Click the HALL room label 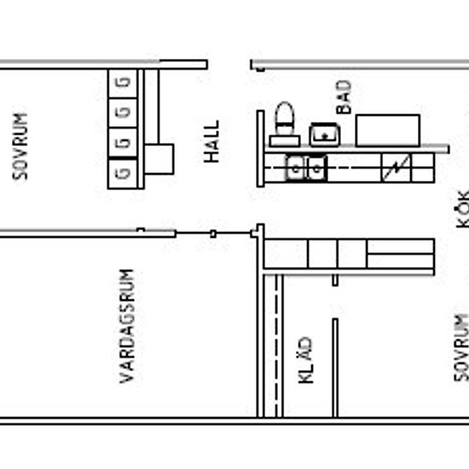point(211,142)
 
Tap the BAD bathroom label point(344,97)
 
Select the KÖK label point(462,209)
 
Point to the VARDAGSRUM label point(127,326)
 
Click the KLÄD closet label point(305,360)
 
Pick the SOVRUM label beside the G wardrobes point(20,147)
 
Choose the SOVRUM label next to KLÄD point(461,348)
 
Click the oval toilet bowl point(285,119)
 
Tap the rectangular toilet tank point(285,142)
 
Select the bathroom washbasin point(325,135)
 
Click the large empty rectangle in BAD point(388,130)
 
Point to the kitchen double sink point(306,168)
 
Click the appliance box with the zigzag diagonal point(397,168)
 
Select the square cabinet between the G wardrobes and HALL point(159,159)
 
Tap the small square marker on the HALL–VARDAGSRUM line point(213,234)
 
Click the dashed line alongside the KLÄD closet point(276,345)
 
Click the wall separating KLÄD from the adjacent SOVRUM point(335,368)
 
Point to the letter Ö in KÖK point(462,208)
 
